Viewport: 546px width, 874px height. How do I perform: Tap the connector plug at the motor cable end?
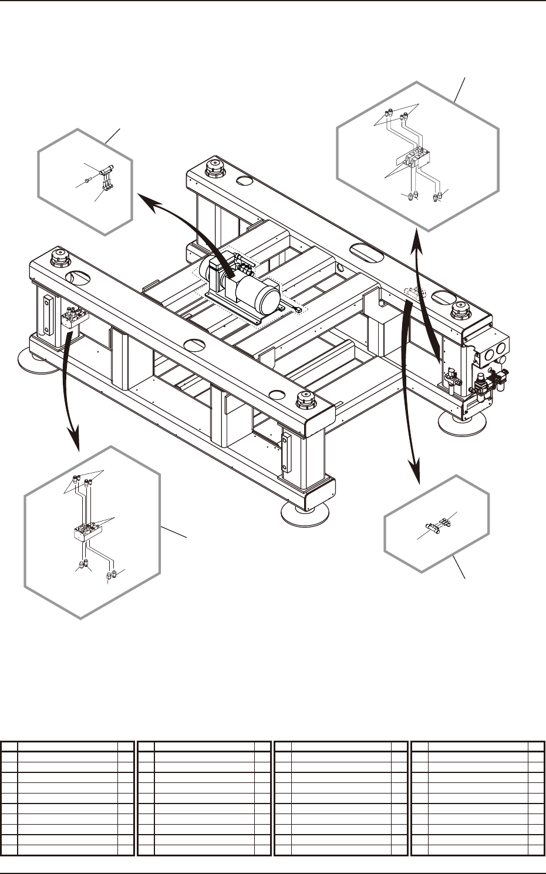coord(299,310)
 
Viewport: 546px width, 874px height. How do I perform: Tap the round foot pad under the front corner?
coord(306,512)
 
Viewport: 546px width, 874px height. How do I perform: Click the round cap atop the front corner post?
coord(305,401)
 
